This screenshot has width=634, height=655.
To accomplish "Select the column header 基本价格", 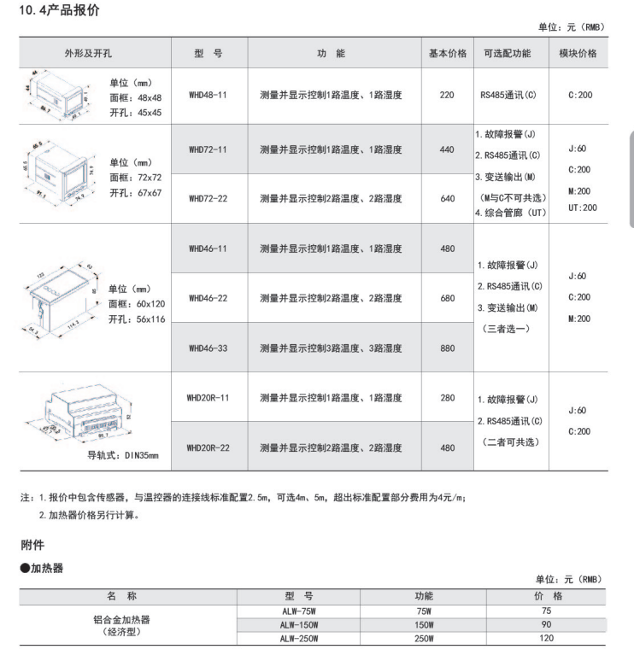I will point(447,53).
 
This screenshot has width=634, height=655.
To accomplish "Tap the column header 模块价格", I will point(578,53).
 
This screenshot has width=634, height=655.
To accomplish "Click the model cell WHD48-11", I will point(208,95).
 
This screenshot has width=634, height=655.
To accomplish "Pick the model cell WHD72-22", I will point(208,198).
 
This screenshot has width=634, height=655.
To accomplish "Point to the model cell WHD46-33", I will point(208,348).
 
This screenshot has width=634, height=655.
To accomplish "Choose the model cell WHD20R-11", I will point(208,397).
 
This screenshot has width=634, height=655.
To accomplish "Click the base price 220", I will point(447,95).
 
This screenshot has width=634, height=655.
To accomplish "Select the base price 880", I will point(447,348).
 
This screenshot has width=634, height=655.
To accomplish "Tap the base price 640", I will point(447,198).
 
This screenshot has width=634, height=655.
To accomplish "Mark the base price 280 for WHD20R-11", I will point(447,397).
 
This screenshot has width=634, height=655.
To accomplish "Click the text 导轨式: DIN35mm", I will point(123,456).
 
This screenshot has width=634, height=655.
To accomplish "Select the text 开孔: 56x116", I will point(136,319).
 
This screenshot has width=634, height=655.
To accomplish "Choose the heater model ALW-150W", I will point(298,624).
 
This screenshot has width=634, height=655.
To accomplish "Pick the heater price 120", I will point(547,638).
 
